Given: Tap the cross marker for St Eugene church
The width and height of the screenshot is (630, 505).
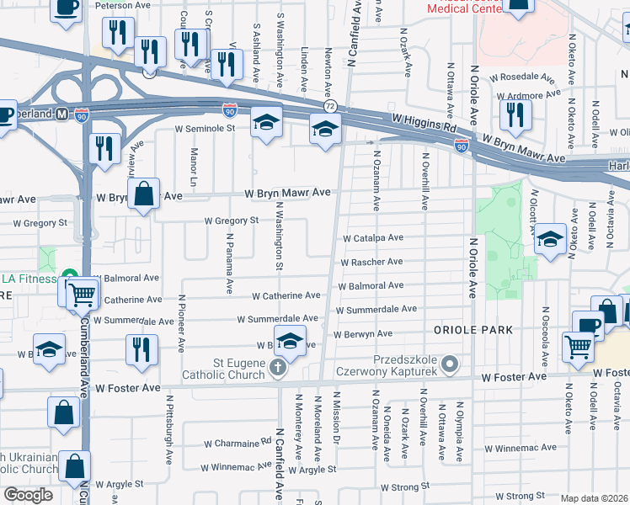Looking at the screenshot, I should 279,367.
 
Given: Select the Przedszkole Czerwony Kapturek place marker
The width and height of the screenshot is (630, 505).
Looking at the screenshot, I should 451,364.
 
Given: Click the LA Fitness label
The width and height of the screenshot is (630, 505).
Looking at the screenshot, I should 29,279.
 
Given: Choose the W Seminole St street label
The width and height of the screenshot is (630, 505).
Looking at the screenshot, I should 204,129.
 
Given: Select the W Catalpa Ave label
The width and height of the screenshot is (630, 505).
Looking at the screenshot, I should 371,238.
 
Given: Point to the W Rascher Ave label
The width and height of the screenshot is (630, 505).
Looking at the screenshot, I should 371,262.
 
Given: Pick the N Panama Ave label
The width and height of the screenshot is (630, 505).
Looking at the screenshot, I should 228,263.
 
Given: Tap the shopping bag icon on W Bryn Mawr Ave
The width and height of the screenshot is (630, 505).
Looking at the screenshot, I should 144,193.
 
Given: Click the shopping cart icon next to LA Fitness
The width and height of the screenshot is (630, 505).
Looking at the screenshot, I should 82,295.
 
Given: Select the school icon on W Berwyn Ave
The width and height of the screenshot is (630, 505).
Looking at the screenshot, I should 289,343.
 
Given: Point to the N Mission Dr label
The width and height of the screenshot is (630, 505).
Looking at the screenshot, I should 336,417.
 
